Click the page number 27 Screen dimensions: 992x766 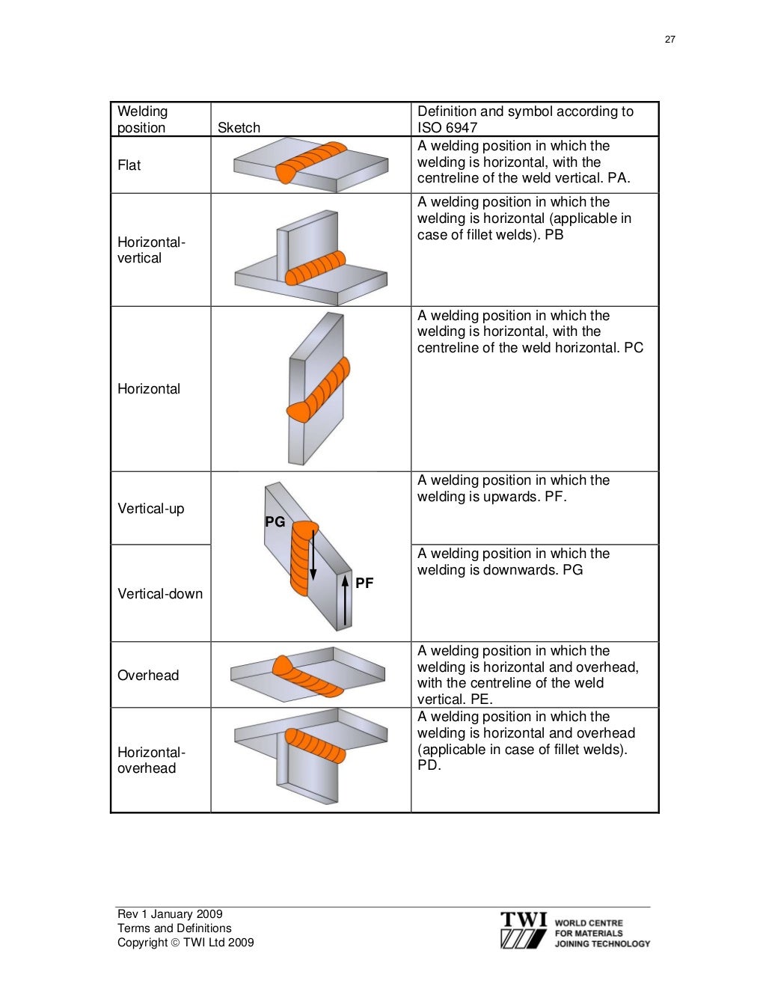point(670,40)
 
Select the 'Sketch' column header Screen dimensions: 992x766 point(239,128)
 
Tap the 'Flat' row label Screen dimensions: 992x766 point(129,165)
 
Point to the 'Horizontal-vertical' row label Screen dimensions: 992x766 point(151,250)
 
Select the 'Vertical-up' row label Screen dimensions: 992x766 point(151,509)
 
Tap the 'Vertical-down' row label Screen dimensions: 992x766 point(160,594)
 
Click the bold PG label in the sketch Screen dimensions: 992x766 point(275,521)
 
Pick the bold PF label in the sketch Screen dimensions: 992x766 point(364,583)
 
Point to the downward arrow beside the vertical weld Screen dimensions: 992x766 point(313,554)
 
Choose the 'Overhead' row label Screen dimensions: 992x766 point(148,676)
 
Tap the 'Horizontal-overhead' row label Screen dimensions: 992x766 point(151,760)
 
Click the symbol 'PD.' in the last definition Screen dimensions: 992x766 point(429,765)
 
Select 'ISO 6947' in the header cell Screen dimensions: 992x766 point(447,128)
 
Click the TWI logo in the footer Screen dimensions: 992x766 point(524,931)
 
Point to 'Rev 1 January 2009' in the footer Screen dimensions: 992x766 point(170,914)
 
